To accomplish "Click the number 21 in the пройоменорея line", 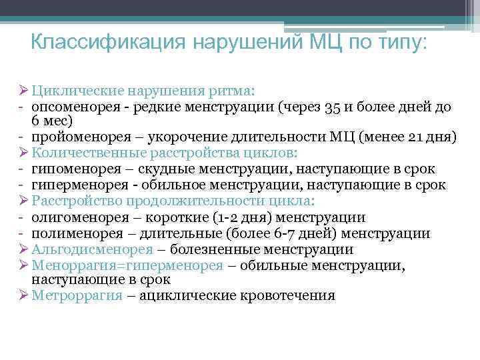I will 417,138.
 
